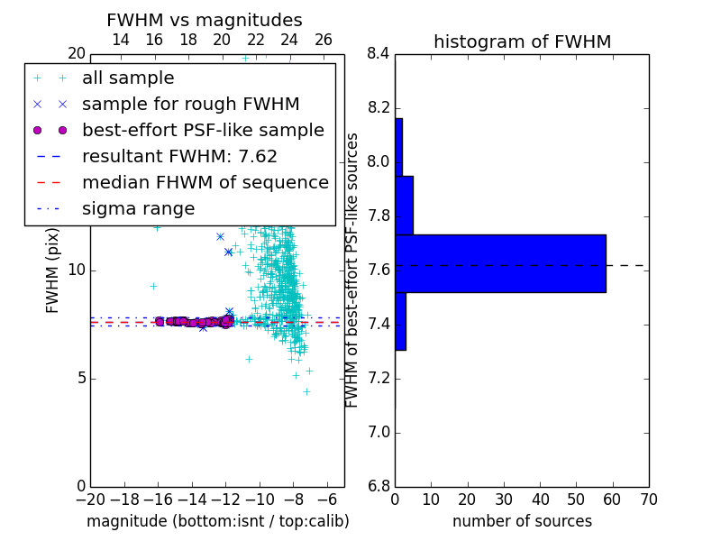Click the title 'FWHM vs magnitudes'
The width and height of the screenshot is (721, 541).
205,20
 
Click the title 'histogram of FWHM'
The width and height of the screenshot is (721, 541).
523,41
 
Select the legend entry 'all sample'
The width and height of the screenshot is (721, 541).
128,78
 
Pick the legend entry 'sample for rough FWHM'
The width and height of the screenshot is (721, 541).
190,105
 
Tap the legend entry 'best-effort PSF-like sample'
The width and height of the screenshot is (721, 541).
204,130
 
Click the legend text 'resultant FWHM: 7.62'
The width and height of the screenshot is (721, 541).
179,156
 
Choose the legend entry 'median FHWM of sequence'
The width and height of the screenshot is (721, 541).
205,183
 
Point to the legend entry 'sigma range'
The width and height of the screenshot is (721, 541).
139,209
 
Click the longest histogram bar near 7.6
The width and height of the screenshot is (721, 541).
501,263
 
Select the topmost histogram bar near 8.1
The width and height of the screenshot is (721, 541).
399,147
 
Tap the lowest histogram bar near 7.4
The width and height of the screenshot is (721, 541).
400,321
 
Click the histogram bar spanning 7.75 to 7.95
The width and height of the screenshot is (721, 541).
404,206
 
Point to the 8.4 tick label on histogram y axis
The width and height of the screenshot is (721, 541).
379,54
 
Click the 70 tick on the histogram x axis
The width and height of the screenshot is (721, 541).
649,500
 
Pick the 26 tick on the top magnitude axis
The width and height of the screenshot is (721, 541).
324,40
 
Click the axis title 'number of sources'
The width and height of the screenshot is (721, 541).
523,521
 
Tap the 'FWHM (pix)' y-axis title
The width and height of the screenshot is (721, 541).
52,270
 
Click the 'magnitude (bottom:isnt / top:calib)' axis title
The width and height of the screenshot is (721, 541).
218,521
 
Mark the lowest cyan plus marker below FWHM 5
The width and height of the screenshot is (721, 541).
306,392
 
